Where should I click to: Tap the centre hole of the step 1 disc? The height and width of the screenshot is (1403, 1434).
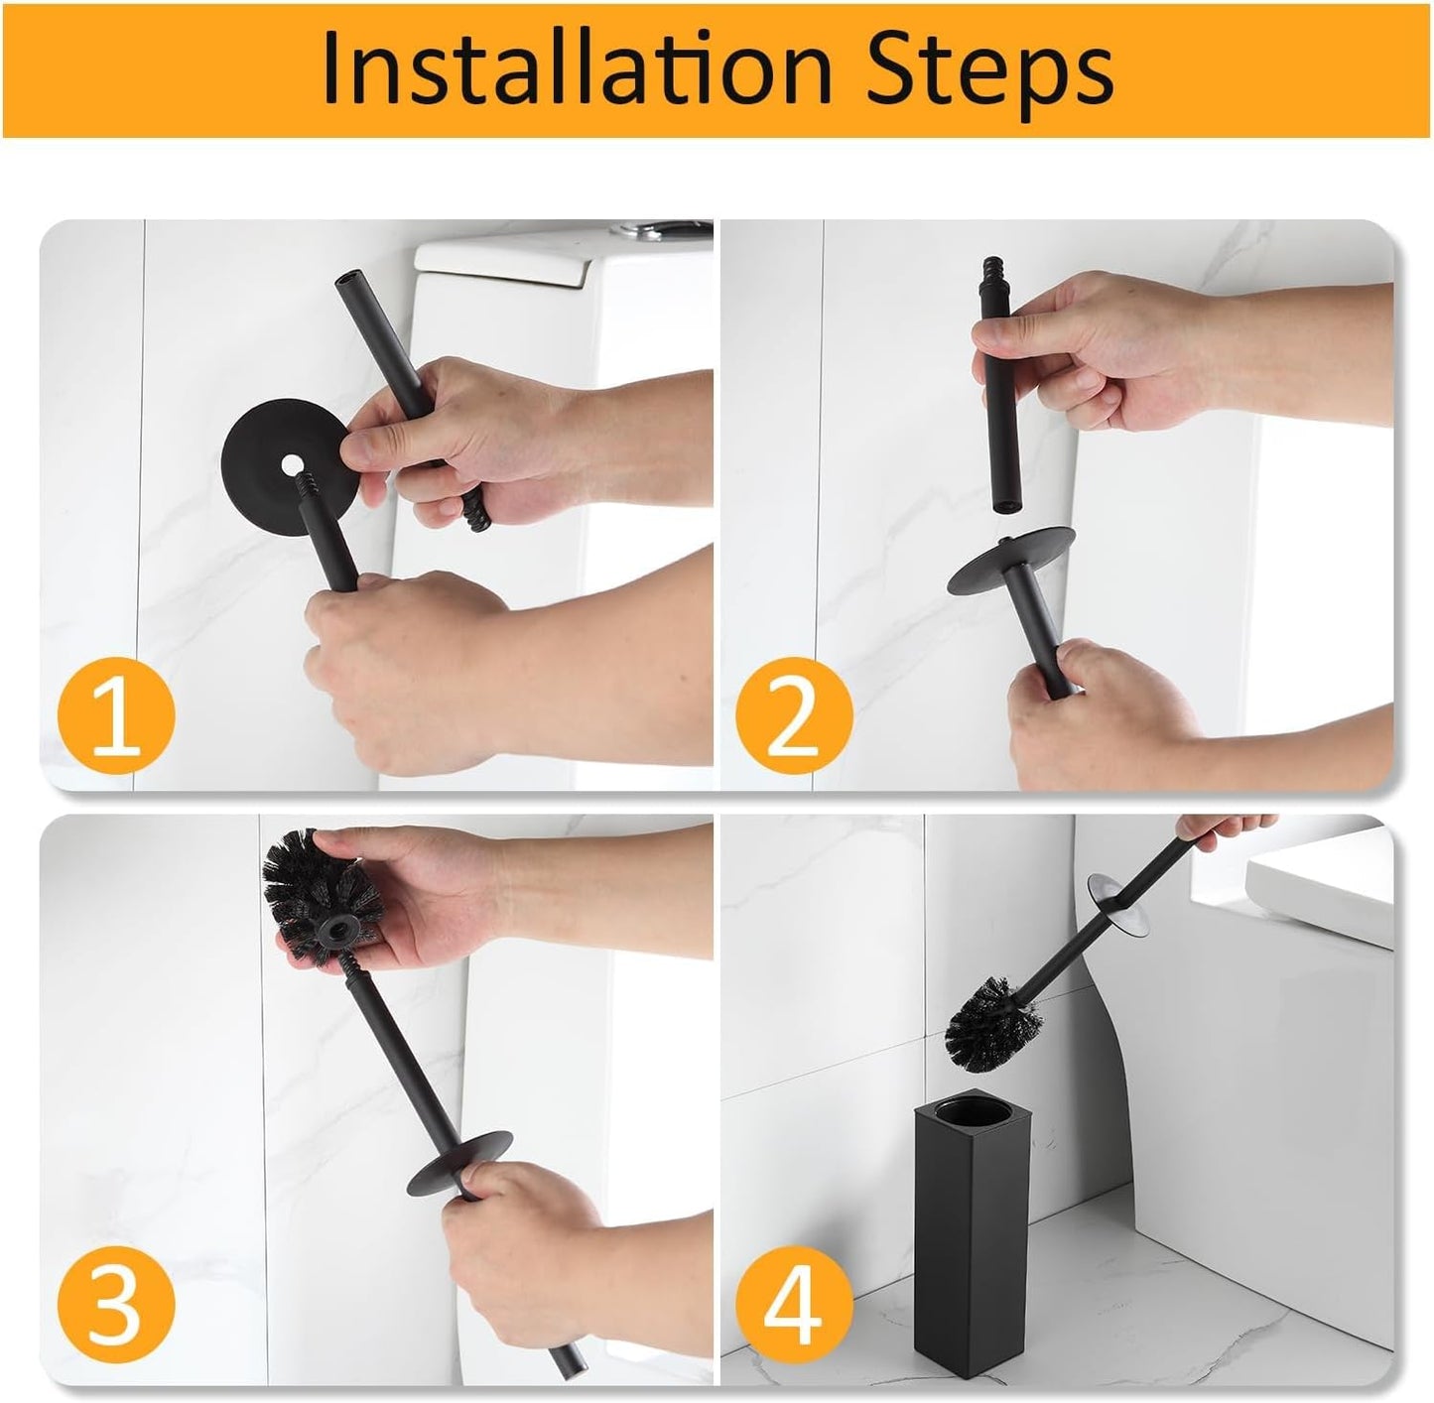pos(292,463)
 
